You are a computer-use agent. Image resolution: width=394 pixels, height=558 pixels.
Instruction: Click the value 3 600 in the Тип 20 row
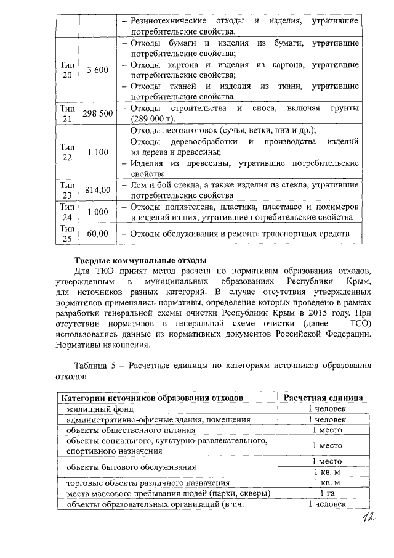97,70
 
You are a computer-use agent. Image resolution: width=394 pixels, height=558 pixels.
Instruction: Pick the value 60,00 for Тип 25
97,234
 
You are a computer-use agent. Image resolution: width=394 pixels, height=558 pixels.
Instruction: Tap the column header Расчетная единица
326,398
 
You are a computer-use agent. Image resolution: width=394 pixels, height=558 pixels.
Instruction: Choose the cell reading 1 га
326,493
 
